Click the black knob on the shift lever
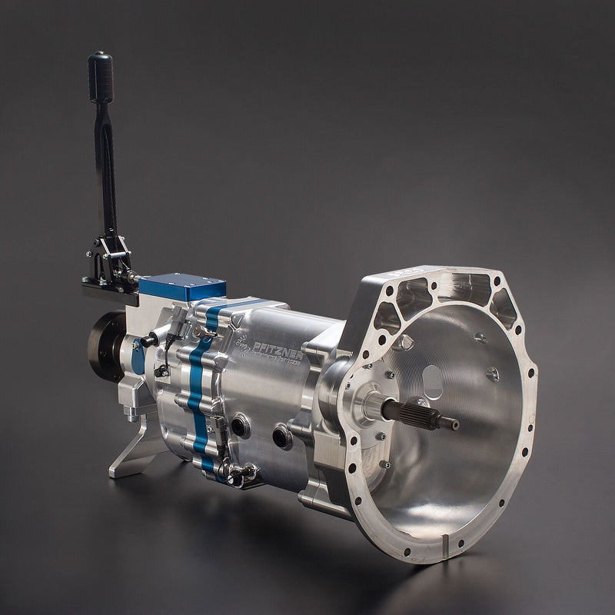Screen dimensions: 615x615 pos(101,76)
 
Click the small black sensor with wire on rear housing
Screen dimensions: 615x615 pos(159,369)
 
